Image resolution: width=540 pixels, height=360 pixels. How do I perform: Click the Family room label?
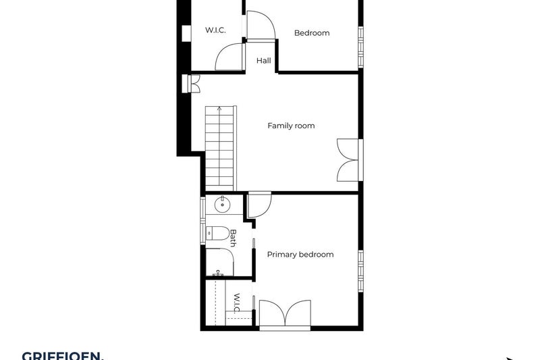coord(291,126)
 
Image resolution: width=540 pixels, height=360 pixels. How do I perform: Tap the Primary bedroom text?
coord(300,255)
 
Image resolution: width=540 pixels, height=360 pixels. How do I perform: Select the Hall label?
coord(263,61)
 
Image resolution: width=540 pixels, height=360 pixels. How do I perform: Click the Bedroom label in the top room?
coord(312,32)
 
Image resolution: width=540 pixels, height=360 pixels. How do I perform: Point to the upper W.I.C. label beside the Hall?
coord(215,30)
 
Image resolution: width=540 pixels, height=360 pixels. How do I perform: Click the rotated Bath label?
coord(234,237)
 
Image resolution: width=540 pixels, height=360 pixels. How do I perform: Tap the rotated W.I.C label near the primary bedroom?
coord(237,303)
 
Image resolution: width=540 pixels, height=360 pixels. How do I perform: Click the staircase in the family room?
coord(219,149)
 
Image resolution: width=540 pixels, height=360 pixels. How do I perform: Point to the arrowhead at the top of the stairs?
coord(219,108)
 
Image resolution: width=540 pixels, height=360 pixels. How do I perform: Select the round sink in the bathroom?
coord(222,205)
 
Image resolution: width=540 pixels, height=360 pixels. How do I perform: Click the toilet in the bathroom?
coord(217,234)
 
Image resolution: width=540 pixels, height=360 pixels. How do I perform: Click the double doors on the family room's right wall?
coord(348,160)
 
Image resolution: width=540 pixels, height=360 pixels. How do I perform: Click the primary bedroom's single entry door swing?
coord(259,205)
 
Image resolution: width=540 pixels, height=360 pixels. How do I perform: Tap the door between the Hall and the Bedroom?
coord(261,26)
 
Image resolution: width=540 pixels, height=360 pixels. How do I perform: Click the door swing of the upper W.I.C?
coord(230,57)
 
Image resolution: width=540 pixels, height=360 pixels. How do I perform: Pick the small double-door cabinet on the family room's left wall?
coord(192,83)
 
